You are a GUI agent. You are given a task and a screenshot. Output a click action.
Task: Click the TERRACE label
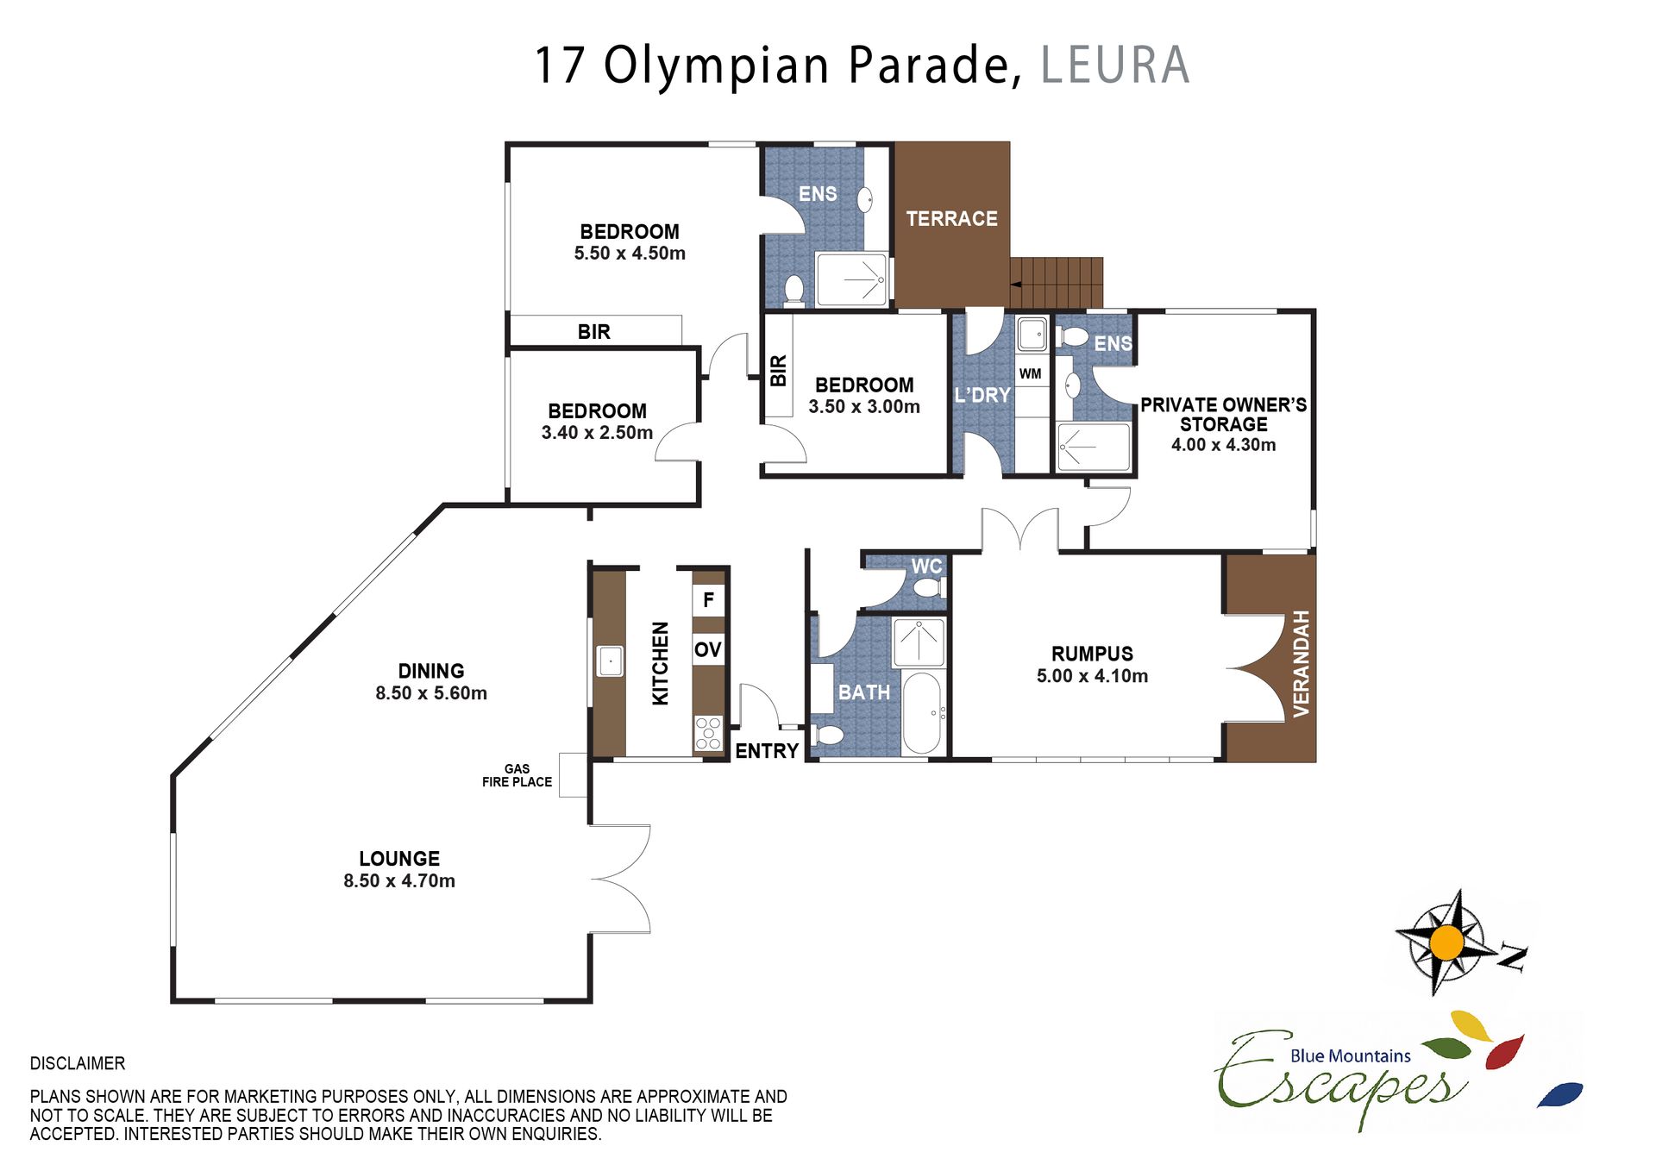tap(951, 219)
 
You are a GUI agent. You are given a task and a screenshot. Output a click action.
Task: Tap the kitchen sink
tap(610, 661)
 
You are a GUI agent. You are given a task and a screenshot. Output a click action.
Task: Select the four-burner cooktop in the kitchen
tap(708, 734)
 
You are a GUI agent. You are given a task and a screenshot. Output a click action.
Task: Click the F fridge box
tap(708, 599)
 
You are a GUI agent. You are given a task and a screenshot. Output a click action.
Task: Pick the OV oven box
tap(708, 649)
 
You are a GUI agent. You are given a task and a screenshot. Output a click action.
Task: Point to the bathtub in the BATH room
tap(921, 713)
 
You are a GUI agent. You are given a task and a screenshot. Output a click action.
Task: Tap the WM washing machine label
tap(1030, 373)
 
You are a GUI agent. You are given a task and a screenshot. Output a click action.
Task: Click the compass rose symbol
tap(1446, 942)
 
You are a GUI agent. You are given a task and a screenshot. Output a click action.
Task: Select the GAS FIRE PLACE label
tap(517, 775)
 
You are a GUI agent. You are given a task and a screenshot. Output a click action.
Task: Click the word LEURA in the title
tap(1115, 66)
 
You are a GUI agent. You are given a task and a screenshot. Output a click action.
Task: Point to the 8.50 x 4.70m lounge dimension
tap(399, 880)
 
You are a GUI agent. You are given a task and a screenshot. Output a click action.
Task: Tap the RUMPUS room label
tap(1092, 654)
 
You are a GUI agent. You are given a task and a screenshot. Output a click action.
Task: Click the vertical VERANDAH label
tap(1301, 663)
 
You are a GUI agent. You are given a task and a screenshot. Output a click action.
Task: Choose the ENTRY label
tap(767, 751)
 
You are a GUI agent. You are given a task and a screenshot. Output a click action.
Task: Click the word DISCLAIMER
tap(78, 1063)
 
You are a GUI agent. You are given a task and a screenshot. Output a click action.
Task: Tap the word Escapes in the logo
tap(1341, 1078)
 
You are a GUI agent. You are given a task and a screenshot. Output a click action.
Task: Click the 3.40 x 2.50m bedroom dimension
tap(597, 433)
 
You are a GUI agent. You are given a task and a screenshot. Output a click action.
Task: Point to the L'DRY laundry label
tap(982, 395)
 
